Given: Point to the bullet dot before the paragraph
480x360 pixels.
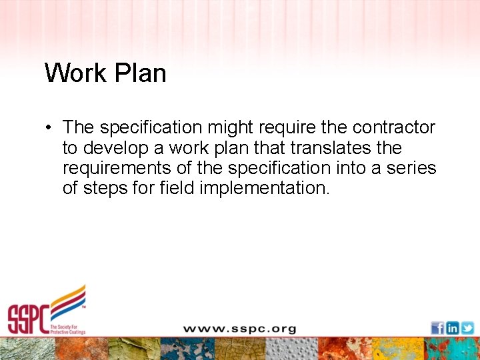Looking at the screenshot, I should (x=49, y=127).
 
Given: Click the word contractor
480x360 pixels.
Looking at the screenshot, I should (x=393, y=127).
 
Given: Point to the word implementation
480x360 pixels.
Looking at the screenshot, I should (x=261, y=188).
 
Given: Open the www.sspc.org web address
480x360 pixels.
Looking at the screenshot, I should (x=239, y=329).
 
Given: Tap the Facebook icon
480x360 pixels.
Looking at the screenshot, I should (x=437, y=328).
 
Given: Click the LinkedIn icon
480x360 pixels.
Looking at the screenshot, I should (x=452, y=328).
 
